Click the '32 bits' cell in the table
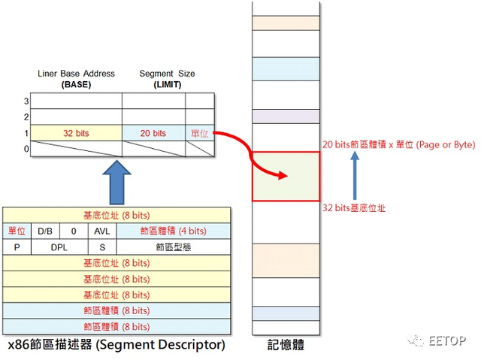coord(76,133)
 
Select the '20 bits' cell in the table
coord(153,133)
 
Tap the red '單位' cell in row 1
coord(199,133)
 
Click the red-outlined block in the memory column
coord(285,177)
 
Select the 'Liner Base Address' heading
coord(76,74)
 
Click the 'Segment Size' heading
coord(167,74)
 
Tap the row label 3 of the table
coord(26,101)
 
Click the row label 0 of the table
coord(26,149)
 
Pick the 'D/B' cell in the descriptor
coord(44,231)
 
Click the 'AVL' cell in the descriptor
coord(101,231)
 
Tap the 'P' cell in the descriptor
coord(17,247)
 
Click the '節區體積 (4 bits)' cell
coord(173,231)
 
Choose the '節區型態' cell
coord(173,247)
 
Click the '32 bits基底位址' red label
coord(354,207)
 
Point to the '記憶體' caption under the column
coord(286,346)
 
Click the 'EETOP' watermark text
coord(449,340)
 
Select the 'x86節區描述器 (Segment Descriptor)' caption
coord(116,345)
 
